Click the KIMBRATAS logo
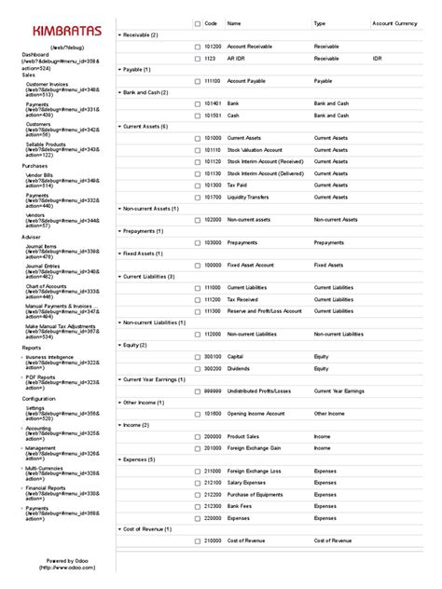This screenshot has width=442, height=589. [58, 31]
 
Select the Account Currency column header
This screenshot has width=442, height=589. [394, 22]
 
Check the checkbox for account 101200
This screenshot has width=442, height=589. [197, 46]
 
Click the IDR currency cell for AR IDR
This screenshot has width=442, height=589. [377, 58]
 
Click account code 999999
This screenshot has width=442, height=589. [213, 390]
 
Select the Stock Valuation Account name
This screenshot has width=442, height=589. [256, 149]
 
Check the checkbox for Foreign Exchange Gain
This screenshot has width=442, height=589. [197, 448]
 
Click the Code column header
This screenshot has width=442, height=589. [211, 22]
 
